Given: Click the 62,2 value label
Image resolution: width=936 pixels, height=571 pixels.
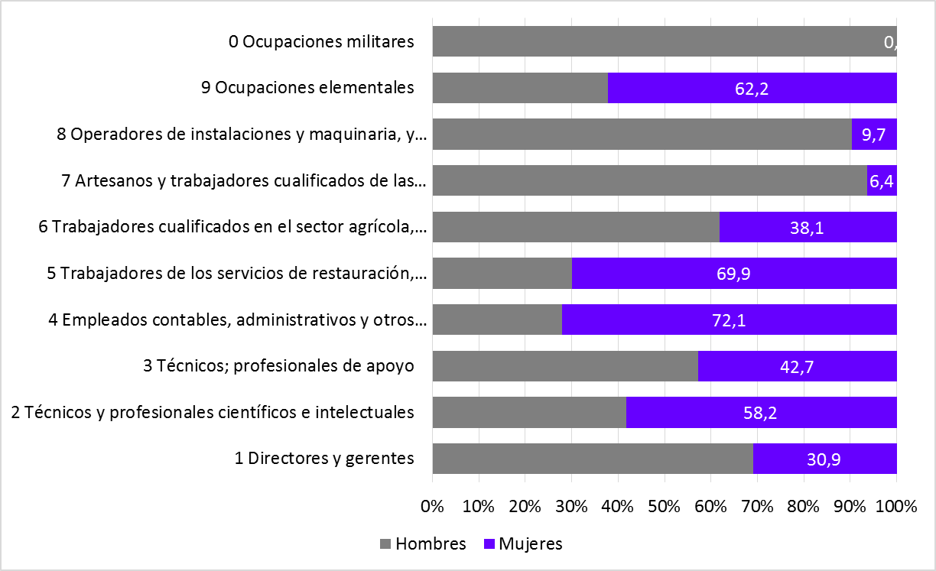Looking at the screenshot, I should point(751,89).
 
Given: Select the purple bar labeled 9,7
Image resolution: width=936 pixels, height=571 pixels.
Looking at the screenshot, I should point(873,135).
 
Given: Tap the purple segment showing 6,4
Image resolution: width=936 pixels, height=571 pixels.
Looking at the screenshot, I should point(882,181).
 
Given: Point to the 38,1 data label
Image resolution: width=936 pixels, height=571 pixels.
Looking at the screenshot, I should point(808,228).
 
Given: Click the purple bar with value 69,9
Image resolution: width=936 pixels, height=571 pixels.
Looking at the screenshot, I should point(733,274).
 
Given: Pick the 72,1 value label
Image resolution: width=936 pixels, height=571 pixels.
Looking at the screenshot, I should point(728,320).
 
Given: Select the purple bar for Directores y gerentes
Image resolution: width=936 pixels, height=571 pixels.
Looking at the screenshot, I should point(824,459).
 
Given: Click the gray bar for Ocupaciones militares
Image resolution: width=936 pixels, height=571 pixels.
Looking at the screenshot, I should point(658,41).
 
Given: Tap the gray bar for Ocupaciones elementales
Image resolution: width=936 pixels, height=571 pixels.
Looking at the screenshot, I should point(520,89).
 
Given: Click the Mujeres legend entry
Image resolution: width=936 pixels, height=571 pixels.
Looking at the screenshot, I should point(524,544).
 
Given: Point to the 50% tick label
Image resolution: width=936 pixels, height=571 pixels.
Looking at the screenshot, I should point(665,507).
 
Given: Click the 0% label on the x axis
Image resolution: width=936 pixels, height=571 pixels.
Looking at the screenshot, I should point(433,507).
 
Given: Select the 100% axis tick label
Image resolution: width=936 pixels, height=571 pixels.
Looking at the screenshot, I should point(896,507).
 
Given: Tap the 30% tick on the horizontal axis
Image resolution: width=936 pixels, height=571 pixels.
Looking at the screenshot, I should point(571,507).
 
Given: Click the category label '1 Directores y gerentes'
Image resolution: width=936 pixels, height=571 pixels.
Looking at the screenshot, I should point(324,459).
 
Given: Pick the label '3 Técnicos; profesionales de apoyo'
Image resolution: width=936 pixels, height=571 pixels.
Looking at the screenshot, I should point(278,366).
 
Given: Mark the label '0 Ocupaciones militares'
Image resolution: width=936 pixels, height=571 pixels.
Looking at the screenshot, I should point(321,41).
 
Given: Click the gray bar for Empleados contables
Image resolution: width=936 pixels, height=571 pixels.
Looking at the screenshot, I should point(497,320).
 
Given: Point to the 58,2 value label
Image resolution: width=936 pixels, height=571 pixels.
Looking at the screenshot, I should point(760,413).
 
